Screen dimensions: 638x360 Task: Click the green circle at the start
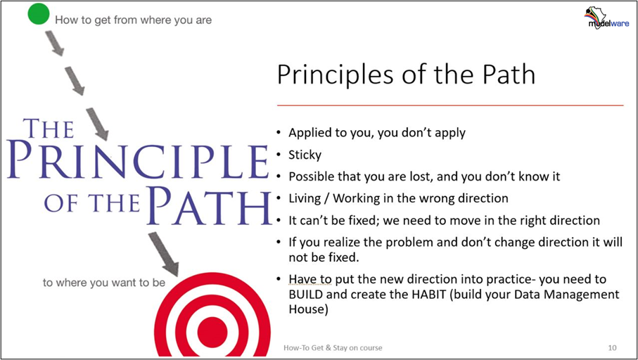(x=39, y=13)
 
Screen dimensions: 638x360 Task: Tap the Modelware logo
(x=606, y=18)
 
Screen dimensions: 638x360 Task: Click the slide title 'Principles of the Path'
(x=406, y=75)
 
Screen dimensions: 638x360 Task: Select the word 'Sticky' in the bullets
(x=305, y=155)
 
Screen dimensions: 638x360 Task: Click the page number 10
(x=612, y=348)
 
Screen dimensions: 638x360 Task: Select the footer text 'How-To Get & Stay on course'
(x=333, y=348)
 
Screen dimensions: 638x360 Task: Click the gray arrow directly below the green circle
(x=54, y=43)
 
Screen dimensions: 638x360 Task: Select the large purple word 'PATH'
(x=210, y=206)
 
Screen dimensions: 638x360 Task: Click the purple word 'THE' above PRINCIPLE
(x=49, y=129)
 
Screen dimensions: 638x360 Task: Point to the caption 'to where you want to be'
(x=104, y=283)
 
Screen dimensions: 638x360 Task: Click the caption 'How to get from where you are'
(x=134, y=20)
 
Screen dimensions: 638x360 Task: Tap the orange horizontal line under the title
(x=450, y=105)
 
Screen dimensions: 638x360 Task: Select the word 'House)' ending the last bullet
(x=308, y=309)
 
